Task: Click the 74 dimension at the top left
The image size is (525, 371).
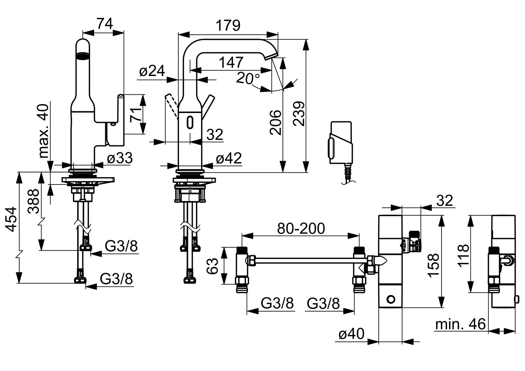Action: coord(104,24)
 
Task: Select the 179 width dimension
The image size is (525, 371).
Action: coord(228,26)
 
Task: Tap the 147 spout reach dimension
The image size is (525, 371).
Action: coord(231,63)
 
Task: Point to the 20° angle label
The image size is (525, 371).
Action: coord(248,79)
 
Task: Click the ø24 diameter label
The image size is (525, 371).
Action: coord(152,71)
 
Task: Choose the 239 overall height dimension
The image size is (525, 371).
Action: coord(299,114)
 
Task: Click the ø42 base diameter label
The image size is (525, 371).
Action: coord(228,158)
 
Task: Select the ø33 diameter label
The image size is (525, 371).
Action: coord(119,158)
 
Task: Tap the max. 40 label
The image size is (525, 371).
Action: coord(44,130)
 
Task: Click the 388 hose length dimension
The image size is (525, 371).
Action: coord(34,201)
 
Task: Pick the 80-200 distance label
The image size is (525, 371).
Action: coord(301,228)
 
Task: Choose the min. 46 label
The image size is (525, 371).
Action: coord(460,324)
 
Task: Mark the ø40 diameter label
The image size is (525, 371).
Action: coord(351,333)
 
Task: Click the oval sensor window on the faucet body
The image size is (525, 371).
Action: coord(190,122)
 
